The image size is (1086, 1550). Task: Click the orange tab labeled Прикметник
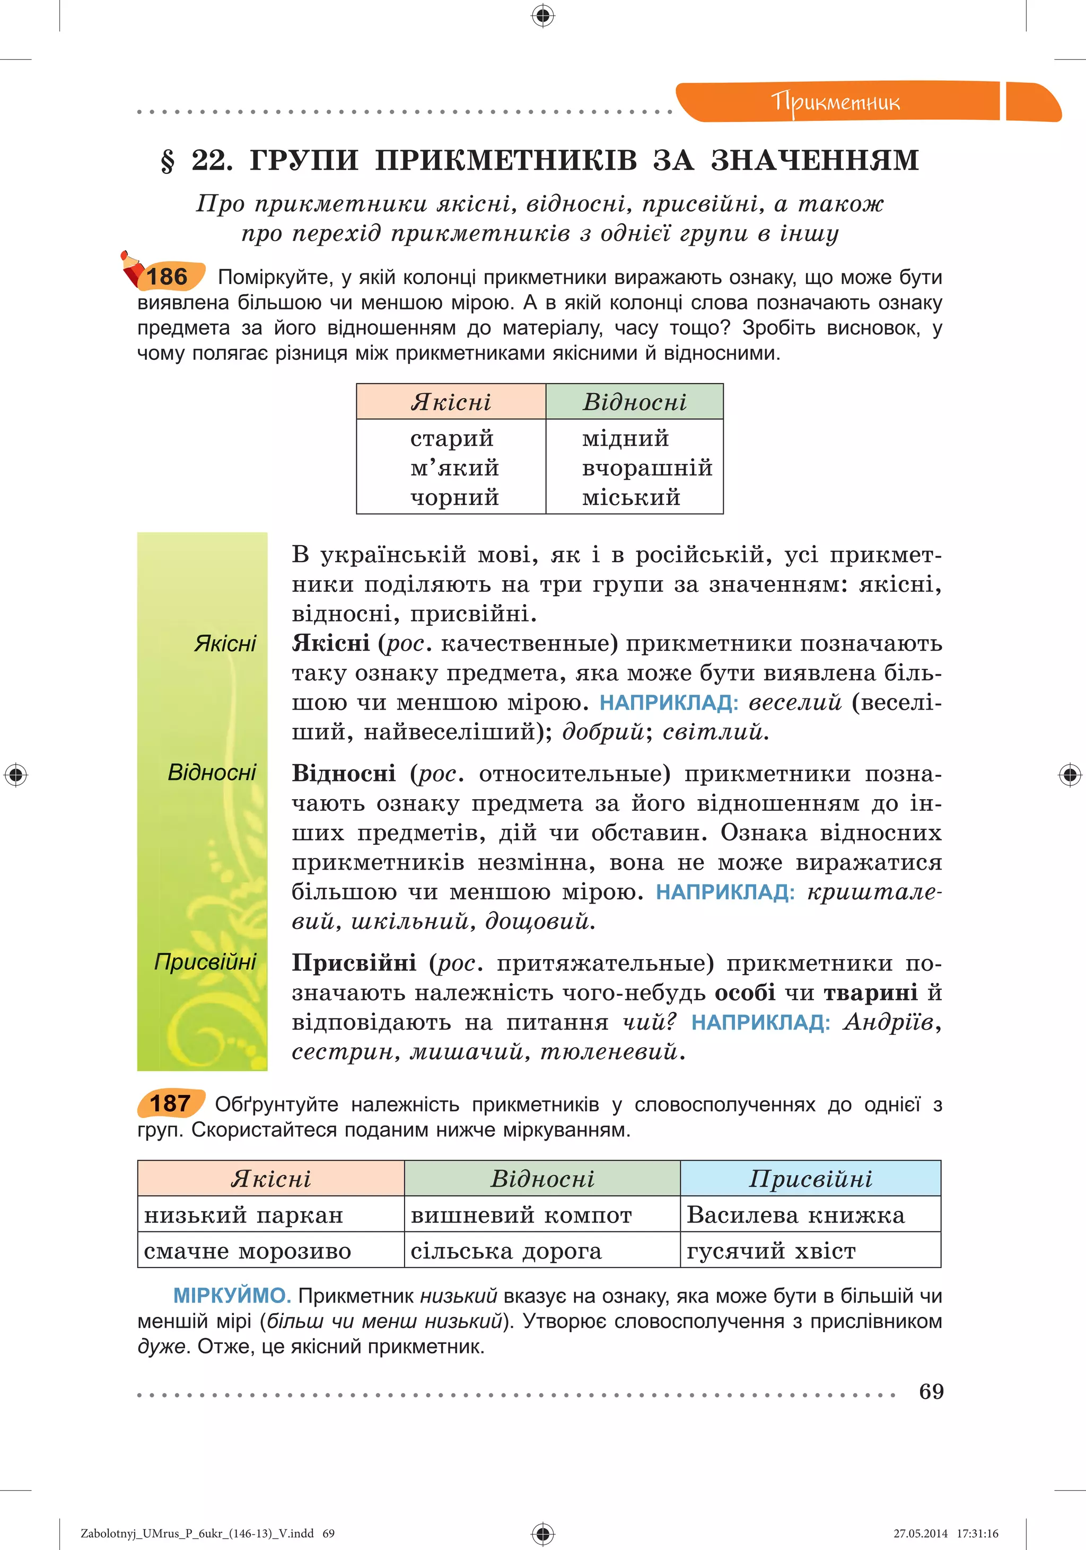click(x=836, y=102)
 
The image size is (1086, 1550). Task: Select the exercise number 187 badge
click(x=170, y=1104)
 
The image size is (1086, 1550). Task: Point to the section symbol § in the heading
click(x=168, y=161)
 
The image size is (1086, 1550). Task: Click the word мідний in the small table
click(x=625, y=439)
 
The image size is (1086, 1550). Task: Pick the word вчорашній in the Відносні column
click(x=646, y=468)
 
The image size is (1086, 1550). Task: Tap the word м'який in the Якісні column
click(x=454, y=468)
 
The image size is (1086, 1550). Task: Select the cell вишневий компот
click(x=521, y=1216)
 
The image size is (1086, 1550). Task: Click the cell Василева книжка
click(x=795, y=1215)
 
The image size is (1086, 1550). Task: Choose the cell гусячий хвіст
click(x=770, y=1252)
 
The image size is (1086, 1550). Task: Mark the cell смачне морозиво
click(x=247, y=1252)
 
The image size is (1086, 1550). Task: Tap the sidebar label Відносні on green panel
click(x=212, y=772)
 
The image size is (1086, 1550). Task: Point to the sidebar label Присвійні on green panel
click(x=205, y=961)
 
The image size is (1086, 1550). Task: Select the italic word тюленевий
click(x=608, y=1052)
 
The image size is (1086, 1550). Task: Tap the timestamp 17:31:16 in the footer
click(x=977, y=1533)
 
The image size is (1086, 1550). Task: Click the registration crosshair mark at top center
click(x=543, y=15)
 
